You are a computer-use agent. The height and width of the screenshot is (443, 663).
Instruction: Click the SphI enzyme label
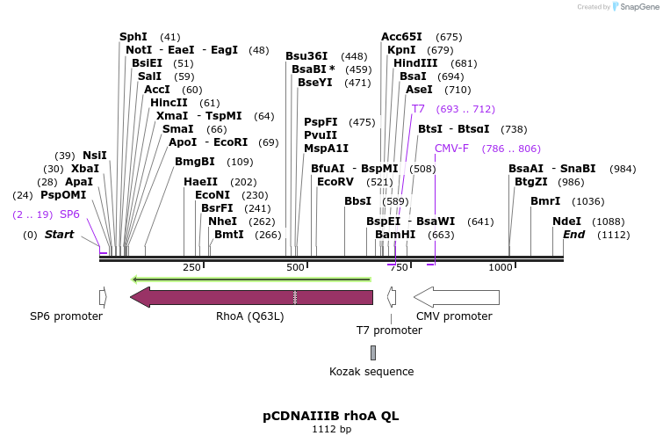[133, 37]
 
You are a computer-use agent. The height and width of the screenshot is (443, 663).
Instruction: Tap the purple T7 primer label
[418, 109]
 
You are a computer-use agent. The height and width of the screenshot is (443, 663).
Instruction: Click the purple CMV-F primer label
[451, 149]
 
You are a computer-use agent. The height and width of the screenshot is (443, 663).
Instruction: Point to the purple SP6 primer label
[69, 214]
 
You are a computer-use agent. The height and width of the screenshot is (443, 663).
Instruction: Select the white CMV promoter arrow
[456, 297]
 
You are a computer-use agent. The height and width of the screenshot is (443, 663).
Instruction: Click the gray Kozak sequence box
[372, 352]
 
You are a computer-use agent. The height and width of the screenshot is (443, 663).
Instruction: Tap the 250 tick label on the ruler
[191, 267]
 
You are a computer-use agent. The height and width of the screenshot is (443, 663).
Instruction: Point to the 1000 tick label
[500, 267]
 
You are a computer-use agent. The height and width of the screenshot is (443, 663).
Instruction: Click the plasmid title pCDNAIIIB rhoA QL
[331, 416]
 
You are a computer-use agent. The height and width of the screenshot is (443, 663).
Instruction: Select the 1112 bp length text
[331, 430]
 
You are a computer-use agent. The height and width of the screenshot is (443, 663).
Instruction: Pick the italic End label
[573, 235]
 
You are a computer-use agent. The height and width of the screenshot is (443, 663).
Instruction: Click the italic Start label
[59, 235]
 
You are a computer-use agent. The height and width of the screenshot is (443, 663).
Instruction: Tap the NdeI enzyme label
[566, 221]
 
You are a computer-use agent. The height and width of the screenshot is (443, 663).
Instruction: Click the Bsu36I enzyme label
[306, 56]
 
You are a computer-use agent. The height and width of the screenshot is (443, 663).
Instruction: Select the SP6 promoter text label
[67, 316]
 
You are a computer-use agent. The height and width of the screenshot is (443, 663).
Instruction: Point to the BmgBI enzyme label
[195, 162]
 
